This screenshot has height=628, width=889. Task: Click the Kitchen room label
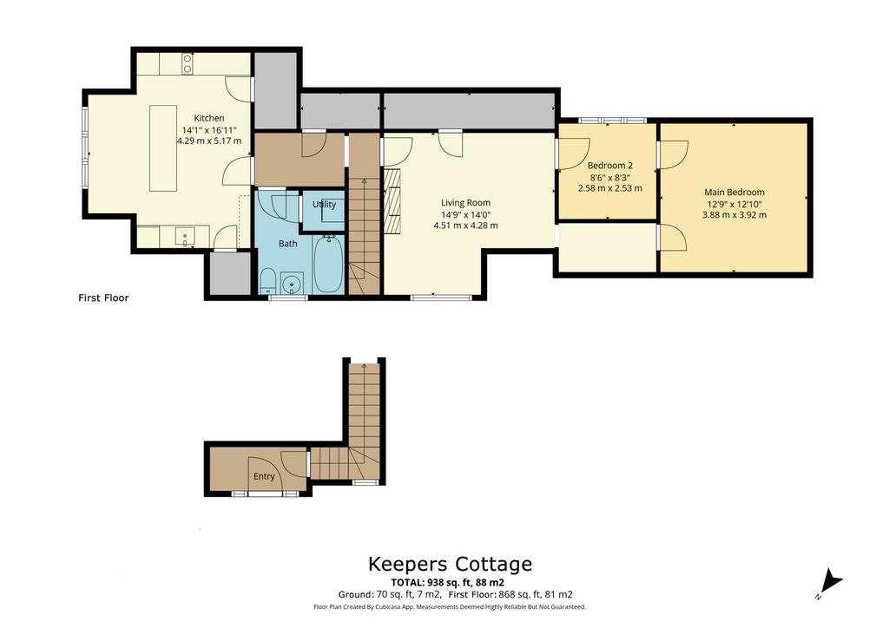click(x=208, y=118)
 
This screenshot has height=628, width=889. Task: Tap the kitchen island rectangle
click(x=162, y=147)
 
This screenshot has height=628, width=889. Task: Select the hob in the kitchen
click(x=187, y=63)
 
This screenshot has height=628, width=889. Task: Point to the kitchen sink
click(x=187, y=235)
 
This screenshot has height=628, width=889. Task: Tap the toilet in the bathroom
click(x=268, y=279)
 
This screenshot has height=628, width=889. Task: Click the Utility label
click(x=324, y=205)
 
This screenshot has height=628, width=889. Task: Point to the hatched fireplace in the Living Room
click(x=395, y=201)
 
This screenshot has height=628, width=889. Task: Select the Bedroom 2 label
click(x=609, y=166)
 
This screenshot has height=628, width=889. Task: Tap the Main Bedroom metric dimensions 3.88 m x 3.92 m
click(x=734, y=214)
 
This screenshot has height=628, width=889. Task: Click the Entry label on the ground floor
click(x=264, y=476)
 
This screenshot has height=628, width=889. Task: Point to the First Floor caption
click(x=103, y=298)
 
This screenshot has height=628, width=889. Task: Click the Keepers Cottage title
click(x=450, y=564)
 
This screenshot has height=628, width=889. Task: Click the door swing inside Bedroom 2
click(x=577, y=153)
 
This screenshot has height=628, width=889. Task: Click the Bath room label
click(x=287, y=244)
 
